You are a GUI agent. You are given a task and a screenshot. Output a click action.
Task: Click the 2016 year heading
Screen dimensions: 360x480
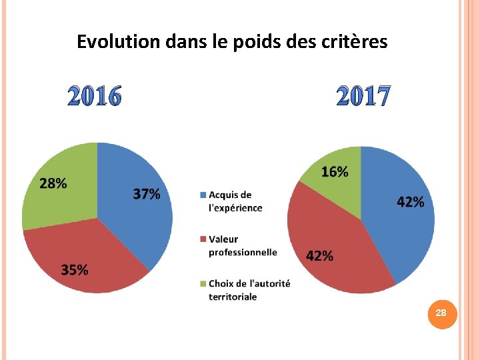[x=95, y=97]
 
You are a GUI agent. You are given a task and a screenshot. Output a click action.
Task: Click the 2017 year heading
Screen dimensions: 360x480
[x=363, y=97]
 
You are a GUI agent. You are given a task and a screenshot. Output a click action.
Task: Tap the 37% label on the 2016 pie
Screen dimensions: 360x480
[x=147, y=194]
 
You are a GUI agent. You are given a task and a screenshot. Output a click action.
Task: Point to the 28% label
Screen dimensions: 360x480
[x=53, y=183]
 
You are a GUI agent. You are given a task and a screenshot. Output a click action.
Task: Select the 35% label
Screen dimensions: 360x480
[x=75, y=270]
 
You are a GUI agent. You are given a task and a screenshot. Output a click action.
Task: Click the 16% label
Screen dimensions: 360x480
[x=335, y=172]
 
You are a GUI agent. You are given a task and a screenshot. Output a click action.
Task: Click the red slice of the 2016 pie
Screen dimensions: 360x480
[x=87, y=253]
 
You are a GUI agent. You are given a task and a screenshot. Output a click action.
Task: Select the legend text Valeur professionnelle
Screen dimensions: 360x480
[x=243, y=245]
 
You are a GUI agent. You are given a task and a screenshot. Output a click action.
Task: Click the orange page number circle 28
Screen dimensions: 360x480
[x=441, y=313]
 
